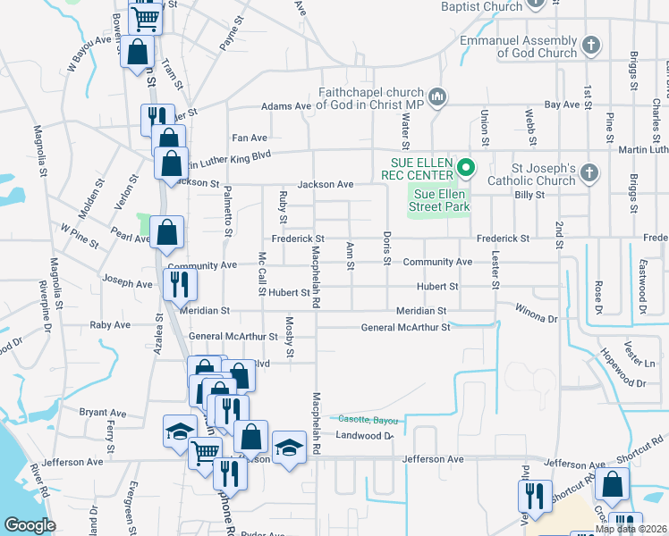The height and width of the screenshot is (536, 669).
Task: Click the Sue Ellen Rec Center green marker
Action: click(465, 167)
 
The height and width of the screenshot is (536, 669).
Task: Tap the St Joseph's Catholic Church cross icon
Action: click(589, 173)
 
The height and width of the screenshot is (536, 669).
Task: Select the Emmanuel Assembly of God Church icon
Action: click(590, 45)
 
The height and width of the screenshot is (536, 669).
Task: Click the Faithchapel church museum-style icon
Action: click(437, 96)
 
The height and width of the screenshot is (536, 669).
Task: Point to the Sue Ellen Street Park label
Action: click(439, 200)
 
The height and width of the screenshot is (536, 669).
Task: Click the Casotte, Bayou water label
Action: click(366, 419)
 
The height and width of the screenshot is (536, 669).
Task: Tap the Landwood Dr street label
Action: click(364, 436)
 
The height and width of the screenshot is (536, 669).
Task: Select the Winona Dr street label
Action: click(536, 313)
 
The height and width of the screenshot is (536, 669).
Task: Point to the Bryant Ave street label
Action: click(103, 413)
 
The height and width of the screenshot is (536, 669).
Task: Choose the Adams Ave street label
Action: click(286, 106)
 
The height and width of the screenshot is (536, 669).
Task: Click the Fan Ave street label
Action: click(250, 138)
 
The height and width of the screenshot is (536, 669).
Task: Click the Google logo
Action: click(30, 525)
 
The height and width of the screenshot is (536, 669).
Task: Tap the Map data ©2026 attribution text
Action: click(631, 529)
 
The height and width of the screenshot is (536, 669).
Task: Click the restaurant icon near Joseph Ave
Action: click(179, 285)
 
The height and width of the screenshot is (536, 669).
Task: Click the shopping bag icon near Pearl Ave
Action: click(167, 233)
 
